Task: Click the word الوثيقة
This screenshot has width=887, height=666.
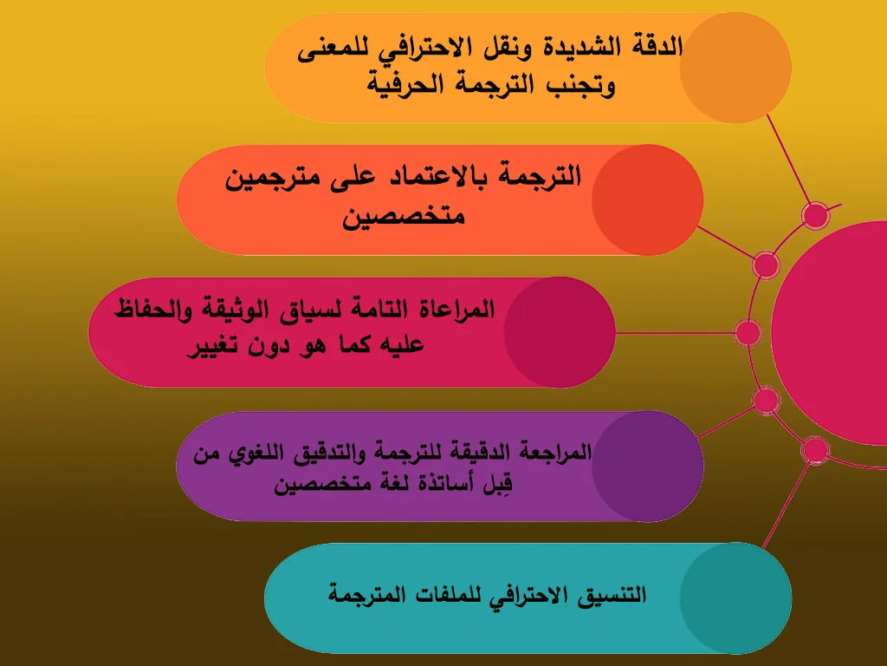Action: [x=237, y=308]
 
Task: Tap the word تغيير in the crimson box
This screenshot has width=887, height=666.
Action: [x=213, y=345]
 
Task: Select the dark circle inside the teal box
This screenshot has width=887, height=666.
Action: [x=735, y=598]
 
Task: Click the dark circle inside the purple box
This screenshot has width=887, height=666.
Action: [x=647, y=466]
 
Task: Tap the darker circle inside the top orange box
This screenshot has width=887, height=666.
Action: [x=735, y=67]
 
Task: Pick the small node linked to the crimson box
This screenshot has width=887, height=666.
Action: [x=746, y=332]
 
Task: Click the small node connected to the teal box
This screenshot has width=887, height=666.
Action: [x=814, y=449]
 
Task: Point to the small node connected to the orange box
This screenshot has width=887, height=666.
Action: [x=814, y=214]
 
